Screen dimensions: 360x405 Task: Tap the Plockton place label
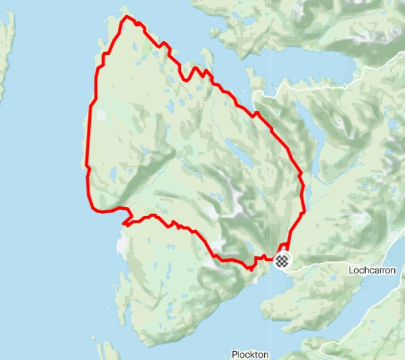click(x=250, y=354)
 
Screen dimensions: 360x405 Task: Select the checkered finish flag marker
click(x=282, y=260)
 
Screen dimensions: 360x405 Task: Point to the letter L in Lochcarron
click(x=350, y=269)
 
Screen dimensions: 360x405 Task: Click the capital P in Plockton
click(x=234, y=354)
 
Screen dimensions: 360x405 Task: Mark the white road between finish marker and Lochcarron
click(x=315, y=261)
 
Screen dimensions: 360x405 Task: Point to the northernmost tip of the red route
click(x=125, y=16)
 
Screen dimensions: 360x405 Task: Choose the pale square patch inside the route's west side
click(x=102, y=115)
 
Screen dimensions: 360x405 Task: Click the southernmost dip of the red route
click(x=250, y=269)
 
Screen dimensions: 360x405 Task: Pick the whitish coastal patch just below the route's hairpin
click(x=122, y=237)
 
